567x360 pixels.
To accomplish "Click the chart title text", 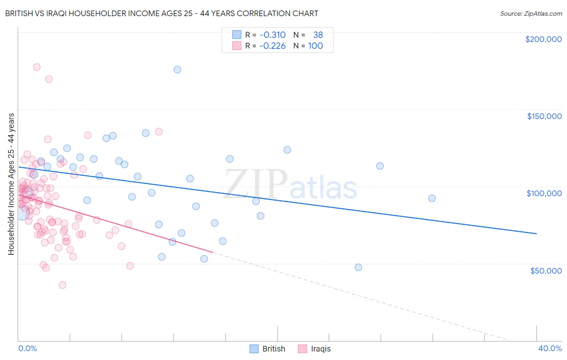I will pyautogui.click(x=162, y=13).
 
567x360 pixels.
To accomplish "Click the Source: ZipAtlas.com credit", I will pyautogui.click(x=531, y=13).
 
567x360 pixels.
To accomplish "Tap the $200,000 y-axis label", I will pyautogui.click(x=543, y=39).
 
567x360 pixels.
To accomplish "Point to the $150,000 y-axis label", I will pyautogui.click(x=544, y=116).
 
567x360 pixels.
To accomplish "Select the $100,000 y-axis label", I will pyautogui.click(x=544, y=193).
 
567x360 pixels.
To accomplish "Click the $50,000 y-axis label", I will pyautogui.click(x=546, y=270).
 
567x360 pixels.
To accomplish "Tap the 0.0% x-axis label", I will pyautogui.click(x=28, y=348).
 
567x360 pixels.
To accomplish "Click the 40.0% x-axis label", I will pyautogui.click(x=550, y=348).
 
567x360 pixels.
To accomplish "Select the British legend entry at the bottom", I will pyautogui.click(x=267, y=349).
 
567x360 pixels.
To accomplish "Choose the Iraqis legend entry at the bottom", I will pyautogui.click(x=315, y=349).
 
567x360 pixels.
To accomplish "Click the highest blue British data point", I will pyautogui.click(x=177, y=69).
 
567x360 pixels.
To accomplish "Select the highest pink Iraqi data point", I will pyautogui.click(x=37, y=67).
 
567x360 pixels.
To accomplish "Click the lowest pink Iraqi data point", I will pyautogui.click(x=63, y=285).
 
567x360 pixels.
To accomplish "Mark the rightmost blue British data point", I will pyautogui.click(x=432, y=198).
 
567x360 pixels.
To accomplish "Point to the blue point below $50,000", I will pyautogui.click(x=358, y=267).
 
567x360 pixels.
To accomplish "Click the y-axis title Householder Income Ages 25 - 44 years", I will pyautogui.click(x=11, y=184).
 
